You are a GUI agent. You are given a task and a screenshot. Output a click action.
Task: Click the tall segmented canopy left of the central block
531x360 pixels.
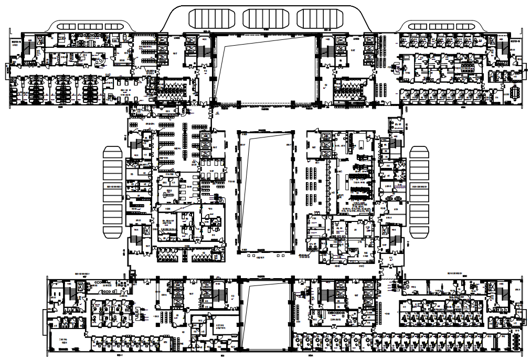113,192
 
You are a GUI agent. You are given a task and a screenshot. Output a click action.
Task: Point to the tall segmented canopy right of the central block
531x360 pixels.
419,192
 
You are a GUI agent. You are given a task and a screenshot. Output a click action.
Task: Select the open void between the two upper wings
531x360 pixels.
265,68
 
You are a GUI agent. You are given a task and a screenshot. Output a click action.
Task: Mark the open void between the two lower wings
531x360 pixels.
265,315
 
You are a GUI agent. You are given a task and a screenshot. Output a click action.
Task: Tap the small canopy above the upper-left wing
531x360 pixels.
89,26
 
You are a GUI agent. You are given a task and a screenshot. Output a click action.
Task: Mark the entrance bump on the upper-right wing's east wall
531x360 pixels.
524,70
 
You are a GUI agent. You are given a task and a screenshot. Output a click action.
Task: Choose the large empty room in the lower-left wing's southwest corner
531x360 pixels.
66,341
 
